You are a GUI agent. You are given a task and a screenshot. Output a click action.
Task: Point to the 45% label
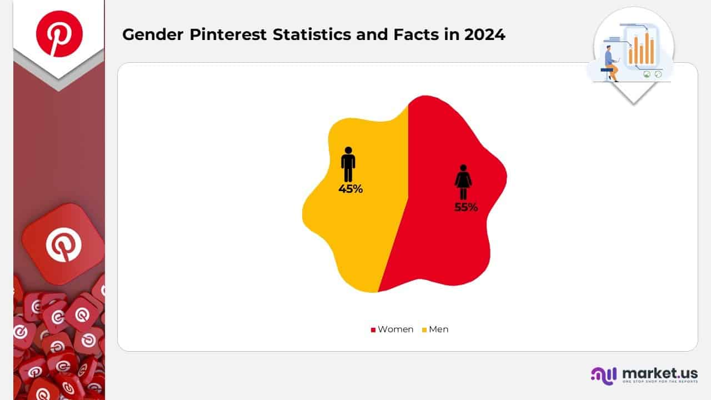[351, 189]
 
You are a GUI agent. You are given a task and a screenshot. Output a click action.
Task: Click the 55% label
[466, 208]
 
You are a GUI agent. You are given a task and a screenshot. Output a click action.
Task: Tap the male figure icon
[348, 164]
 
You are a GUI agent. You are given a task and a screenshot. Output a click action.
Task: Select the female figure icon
[463, 182]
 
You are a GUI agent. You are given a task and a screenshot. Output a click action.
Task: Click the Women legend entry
[395, 329]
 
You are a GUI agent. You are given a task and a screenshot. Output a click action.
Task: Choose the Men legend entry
[438, 329]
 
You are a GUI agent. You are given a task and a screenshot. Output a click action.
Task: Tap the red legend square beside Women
[373, 330]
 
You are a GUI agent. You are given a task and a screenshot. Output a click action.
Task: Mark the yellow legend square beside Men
[424, 330]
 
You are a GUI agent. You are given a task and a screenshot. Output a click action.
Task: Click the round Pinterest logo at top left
[59, 33]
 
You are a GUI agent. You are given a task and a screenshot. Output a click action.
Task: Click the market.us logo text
[659, 373]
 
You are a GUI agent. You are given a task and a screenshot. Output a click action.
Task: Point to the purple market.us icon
[603, 375]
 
